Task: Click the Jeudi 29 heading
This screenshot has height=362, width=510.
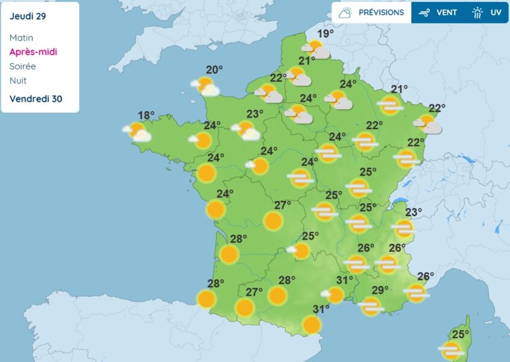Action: (x=28, y=16)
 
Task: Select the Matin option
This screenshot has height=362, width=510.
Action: (x=22, y=37)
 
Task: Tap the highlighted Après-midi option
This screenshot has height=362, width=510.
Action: (x=33, y=52)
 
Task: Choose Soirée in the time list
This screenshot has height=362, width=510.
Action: (x=23, y=66)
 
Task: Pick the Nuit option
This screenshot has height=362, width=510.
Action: (x=18, y=80)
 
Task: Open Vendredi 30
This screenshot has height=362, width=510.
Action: (x=36, y=98)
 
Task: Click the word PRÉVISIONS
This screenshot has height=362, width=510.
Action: (x=381, y=13)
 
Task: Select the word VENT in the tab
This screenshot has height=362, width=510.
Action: (x=447, y=13)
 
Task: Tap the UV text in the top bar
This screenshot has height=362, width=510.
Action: (x=496, y=13)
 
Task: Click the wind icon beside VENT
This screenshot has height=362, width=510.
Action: (x=424, y=13)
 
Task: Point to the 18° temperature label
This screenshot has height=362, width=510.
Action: (x=146, y=115)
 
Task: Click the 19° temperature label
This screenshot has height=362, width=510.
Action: (x=326, y=34)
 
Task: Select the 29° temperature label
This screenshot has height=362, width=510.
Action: (x=380, y=290)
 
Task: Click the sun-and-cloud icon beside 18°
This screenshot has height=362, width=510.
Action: (x=137, y=132)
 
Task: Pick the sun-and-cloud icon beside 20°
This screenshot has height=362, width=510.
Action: (x=206, y=86)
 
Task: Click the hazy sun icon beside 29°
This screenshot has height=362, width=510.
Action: (x=371, y=306)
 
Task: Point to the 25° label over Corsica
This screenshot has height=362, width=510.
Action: (x=461, y=334)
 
